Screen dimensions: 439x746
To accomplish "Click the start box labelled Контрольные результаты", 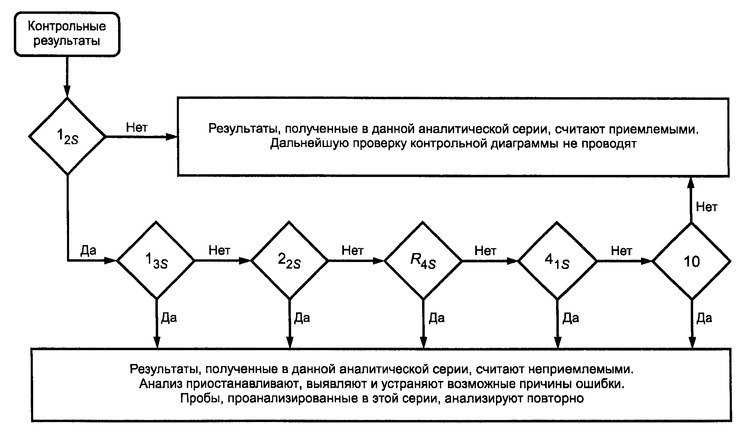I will pos(67,34).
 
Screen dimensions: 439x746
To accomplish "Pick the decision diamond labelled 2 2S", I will pos(289,260).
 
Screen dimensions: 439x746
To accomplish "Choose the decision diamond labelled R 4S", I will pos(423,260).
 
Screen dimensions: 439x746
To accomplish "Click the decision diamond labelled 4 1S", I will pos(557,260).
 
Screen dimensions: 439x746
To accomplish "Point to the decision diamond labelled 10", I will pos(691,261).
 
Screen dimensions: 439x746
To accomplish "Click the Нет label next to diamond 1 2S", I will pos(136,127).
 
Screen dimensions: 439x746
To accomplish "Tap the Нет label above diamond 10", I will pos(706,207).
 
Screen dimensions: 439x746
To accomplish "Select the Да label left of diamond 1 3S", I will pos(88,250).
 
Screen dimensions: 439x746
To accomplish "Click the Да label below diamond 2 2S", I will pos(302,318).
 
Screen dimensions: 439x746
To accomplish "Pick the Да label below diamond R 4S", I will pos(437,318).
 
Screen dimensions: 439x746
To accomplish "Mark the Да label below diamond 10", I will pos(704,318).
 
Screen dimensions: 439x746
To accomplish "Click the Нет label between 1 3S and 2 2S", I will pos(219,250).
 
